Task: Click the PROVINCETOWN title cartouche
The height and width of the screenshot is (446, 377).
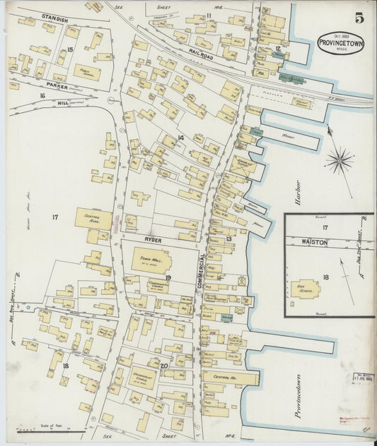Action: coord(341,42)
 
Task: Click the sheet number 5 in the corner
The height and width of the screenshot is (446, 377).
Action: coord(359,18)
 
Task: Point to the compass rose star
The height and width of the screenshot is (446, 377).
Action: coord(340,161)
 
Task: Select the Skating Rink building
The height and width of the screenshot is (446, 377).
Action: coord(93,219)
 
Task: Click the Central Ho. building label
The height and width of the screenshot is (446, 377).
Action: coord(221,378)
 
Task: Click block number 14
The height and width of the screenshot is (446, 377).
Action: coord(180,138)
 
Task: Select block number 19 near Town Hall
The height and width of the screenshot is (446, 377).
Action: coord(168,277)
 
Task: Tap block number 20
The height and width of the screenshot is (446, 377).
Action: coord(163,366)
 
